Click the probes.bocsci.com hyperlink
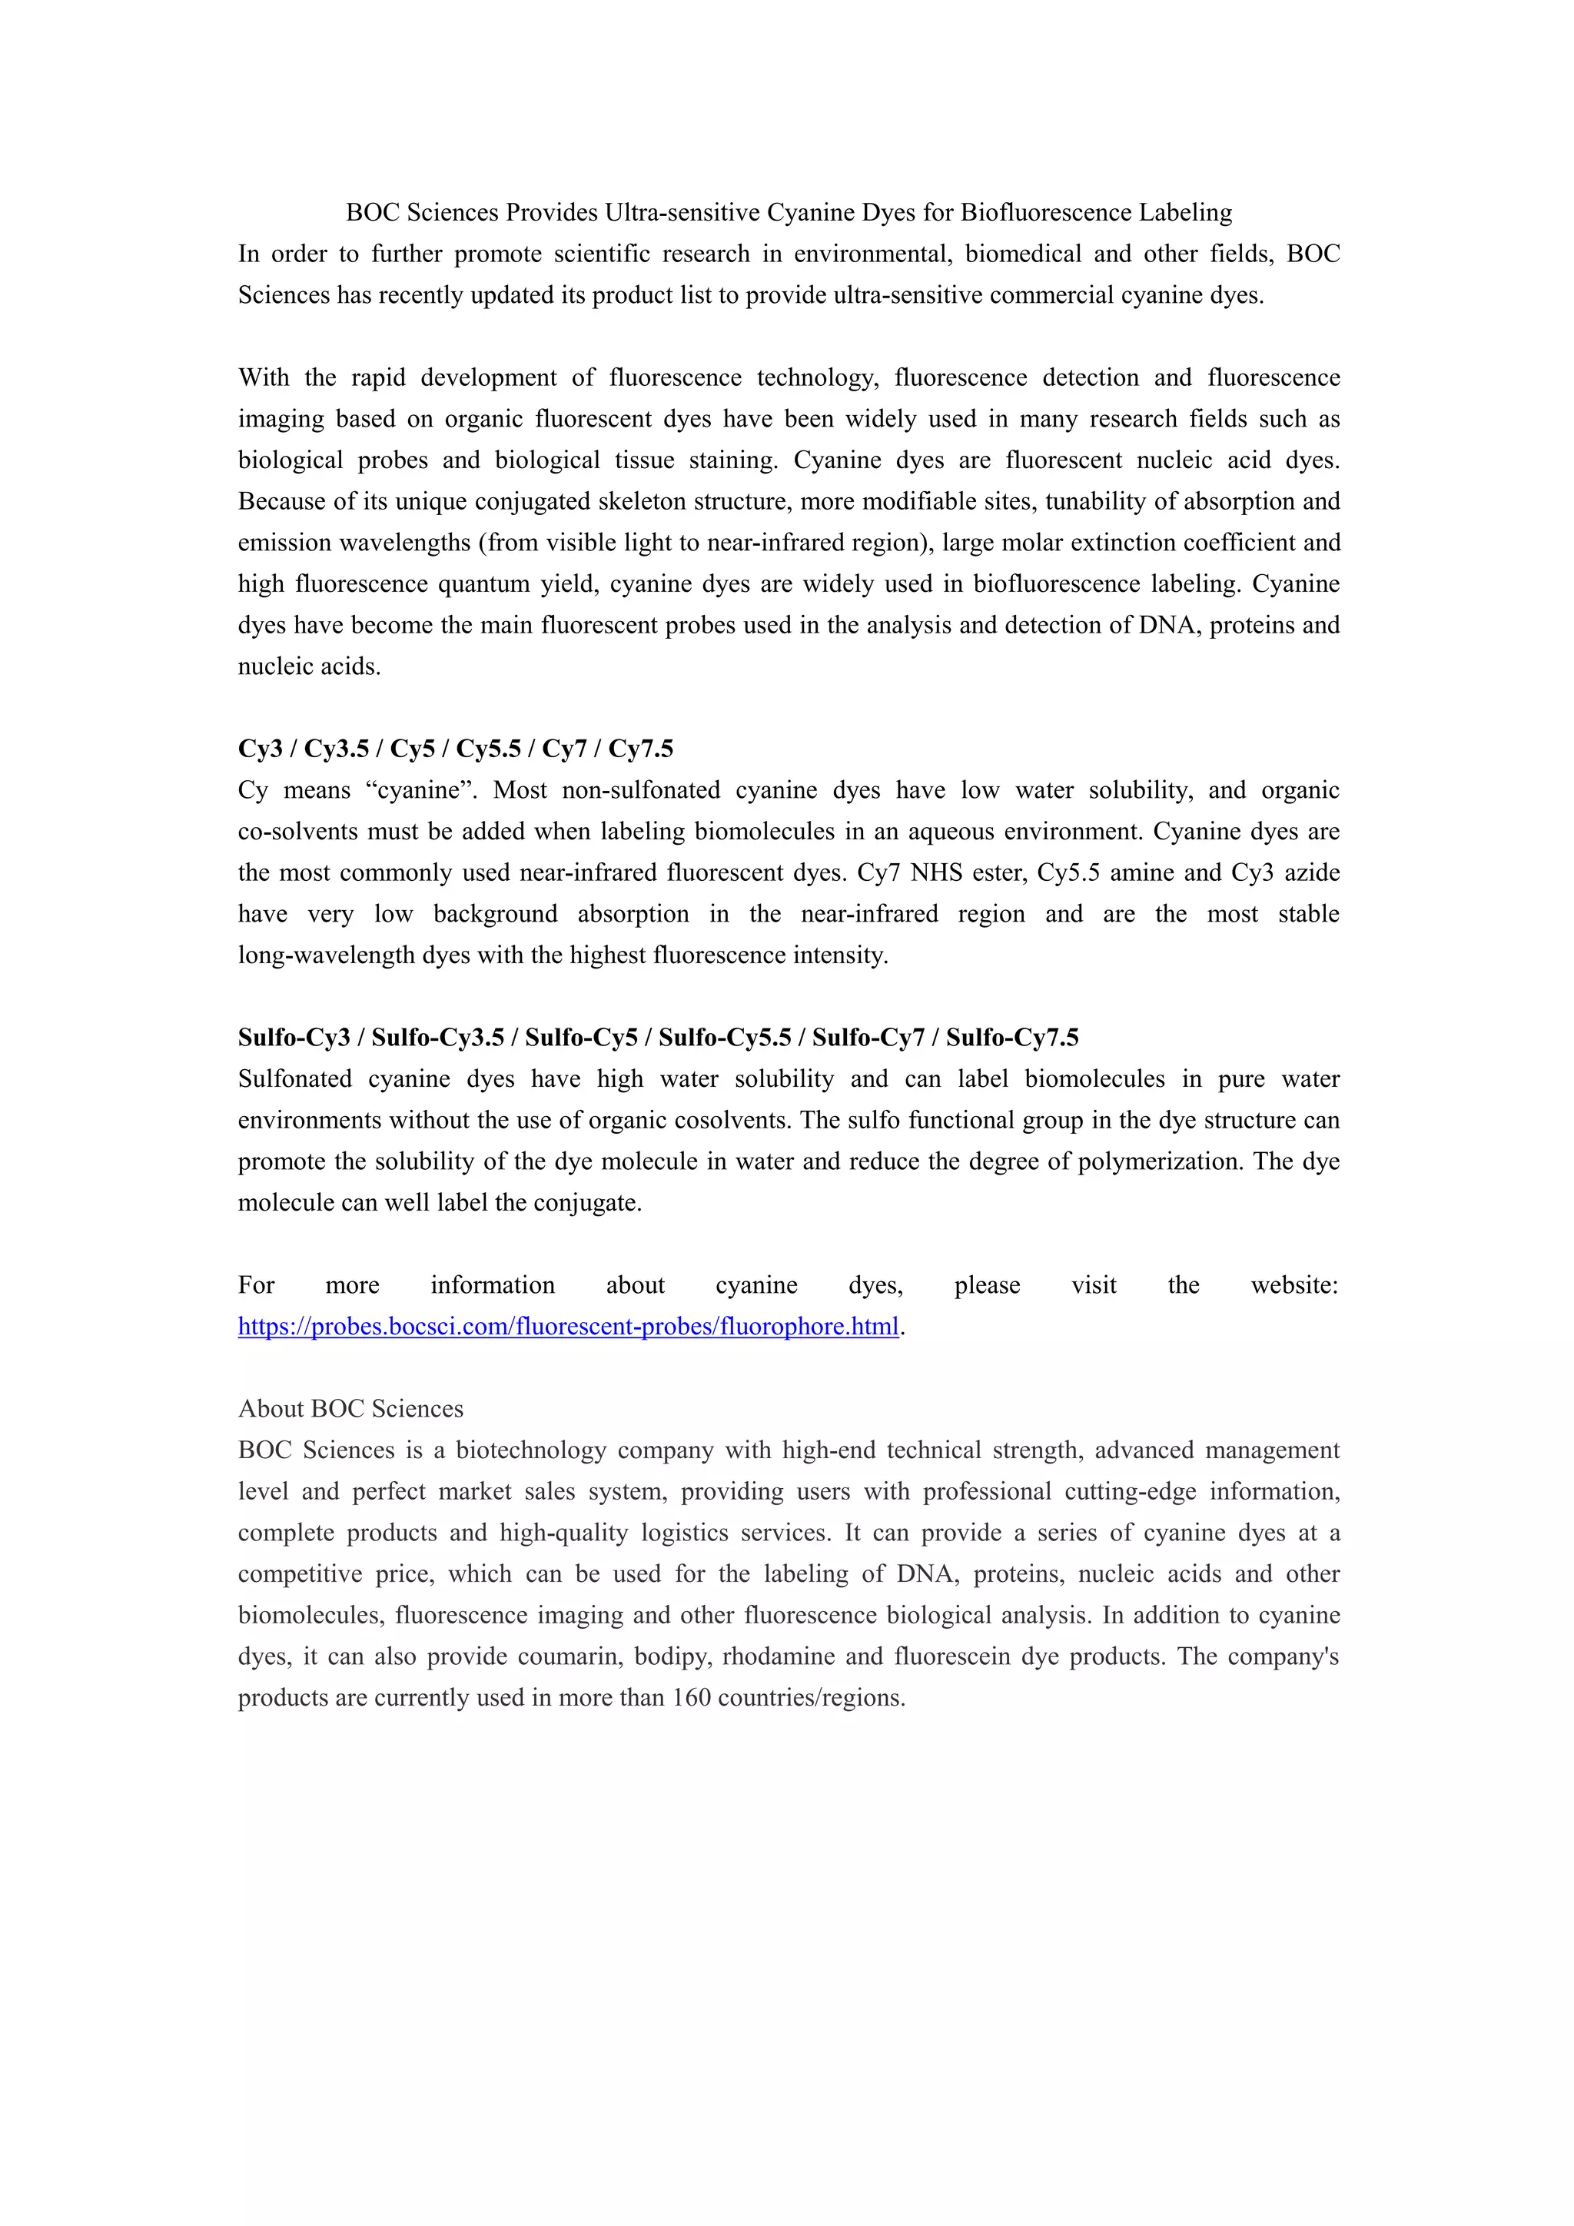coord(568,1326)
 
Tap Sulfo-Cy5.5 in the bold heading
coord(724,1038)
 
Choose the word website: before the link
coord(1294,1286)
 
